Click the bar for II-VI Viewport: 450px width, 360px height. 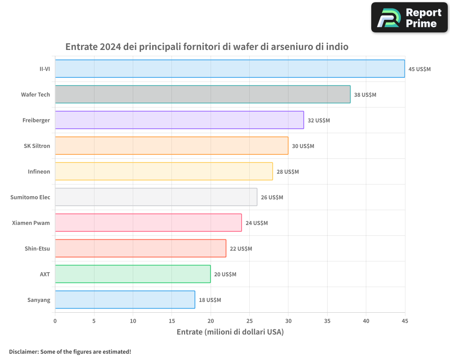coord(230,69)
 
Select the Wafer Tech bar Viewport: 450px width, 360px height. coord(202,94)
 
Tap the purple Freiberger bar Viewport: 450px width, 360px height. coord(179,120)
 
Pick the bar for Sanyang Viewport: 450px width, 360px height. coord(125,300)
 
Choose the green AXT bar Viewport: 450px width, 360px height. coord(133,274)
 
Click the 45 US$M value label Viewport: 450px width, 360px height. coord(419,69)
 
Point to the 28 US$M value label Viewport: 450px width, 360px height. coord(288,172)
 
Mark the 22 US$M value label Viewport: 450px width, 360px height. coord(241,249)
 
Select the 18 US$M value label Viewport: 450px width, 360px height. coord(210,300)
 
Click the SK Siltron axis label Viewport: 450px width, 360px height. coord(37,146)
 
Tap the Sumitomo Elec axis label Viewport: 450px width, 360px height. coord(30,197)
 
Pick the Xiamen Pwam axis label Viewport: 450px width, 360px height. coord(31,223)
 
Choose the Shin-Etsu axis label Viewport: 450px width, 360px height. coord(37,248)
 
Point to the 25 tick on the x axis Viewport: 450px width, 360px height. coord(249,321)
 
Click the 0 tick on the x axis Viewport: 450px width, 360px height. coord(55,321)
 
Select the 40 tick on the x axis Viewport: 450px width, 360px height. coord(366,321)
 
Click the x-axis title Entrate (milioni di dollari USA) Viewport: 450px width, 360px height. coord(230,332)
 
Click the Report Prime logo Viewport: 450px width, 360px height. coord(409,18)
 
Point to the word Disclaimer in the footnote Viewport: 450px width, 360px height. coord(23,351)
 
